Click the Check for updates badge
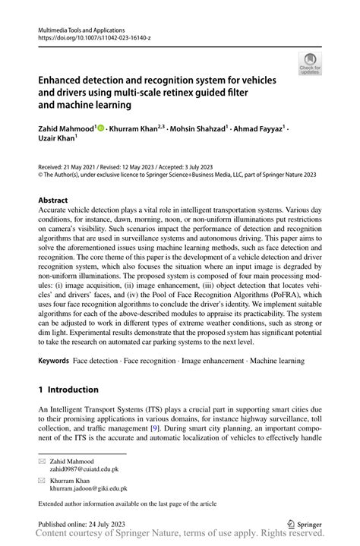coord(311,64)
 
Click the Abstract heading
coord(52,200)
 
